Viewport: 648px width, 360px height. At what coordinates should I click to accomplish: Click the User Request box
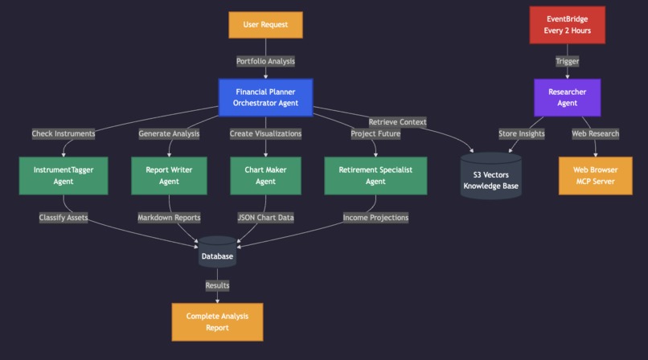tap(265, 25)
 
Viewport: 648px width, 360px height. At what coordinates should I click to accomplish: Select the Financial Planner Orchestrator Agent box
tap(265, 97)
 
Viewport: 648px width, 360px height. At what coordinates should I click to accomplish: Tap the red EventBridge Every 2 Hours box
tap(567, 25)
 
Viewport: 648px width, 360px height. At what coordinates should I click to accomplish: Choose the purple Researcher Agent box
tap(567, 97)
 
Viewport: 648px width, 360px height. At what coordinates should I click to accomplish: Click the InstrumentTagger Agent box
tap(64, 175)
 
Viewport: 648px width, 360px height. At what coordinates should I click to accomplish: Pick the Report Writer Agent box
tap(169, 175)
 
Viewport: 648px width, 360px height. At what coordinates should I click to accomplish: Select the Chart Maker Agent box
tap(265, 175)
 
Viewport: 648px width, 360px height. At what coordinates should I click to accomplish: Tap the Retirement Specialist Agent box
tap(375, 175)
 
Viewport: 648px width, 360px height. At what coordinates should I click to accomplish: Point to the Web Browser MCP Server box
tap(596, 175)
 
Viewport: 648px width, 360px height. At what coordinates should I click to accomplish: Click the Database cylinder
tap(217, 253)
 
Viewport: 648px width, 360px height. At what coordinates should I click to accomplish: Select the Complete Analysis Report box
tap(217, 321)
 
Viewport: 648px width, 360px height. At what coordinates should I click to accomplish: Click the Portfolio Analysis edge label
tap(265, 61)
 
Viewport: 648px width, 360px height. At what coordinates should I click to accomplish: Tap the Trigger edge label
tap(567, 61)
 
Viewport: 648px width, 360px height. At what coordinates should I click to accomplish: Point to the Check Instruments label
tap(64, 133)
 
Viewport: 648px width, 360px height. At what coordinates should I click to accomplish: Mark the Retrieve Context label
tap(397, 122)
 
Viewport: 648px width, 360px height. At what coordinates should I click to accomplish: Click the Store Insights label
tap(521, 133)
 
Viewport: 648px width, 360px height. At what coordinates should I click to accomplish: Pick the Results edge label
tap(217, 285)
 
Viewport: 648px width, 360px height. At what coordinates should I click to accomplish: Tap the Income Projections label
tap(375, 217)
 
